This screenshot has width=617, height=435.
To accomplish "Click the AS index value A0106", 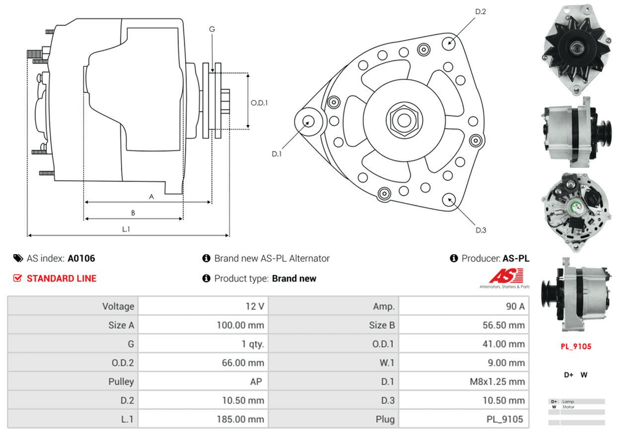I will (81, 259).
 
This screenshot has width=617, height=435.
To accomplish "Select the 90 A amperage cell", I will (515, 306).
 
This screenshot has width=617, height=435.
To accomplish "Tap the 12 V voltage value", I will (254, 306).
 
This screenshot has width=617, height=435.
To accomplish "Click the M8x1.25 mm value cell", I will (497, 382).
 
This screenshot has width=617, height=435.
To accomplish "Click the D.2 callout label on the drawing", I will (481, 12).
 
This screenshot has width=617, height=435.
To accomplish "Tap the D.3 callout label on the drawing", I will (481, 230).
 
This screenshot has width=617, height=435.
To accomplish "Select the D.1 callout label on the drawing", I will (276, 154).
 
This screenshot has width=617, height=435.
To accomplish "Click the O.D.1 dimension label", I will (259, 103).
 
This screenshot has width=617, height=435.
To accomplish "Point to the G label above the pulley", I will (212, 30).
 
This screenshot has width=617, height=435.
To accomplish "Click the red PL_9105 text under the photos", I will (576, 346).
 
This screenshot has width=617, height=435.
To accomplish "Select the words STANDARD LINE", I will (61, 278).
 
